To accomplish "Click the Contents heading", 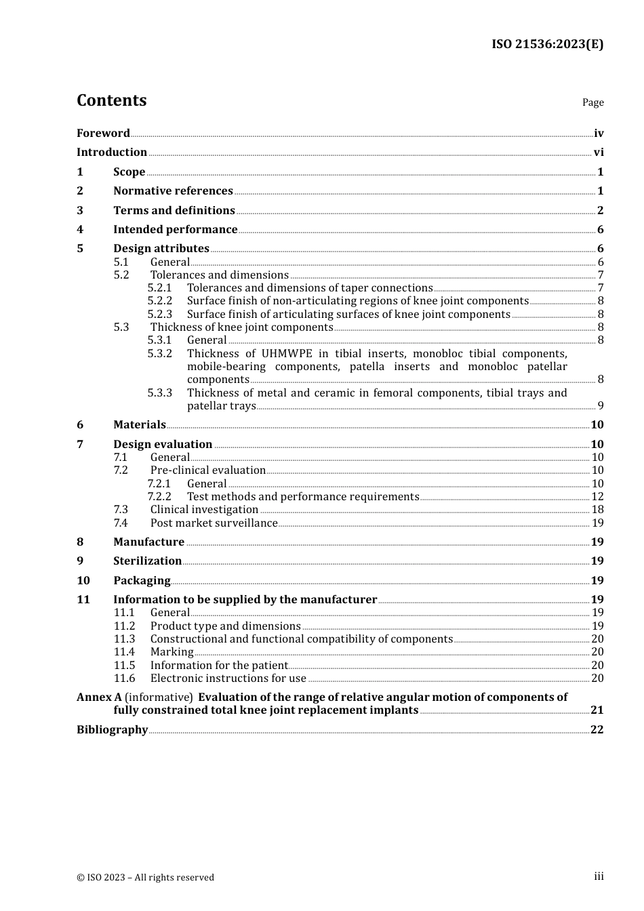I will pos(111,100).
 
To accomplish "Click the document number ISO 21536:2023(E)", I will pos(547,45).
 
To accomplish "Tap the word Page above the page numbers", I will pos(592,102).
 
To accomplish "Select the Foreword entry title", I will pos(103,134).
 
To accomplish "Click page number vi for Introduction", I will pos(599,153).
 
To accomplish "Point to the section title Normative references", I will pos(173,191).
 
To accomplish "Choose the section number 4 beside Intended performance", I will pos(80,230).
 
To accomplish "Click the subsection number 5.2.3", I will pos(160,315).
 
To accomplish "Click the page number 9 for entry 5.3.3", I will pos(600,406).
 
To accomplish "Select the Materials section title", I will pos(139,425).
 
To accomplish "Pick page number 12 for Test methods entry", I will pos(597,497).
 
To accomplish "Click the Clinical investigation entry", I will pos(204,510).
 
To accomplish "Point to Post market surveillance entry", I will pos(214,523).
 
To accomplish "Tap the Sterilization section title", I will pos(147,561).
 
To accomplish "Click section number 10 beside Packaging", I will pos(83,581).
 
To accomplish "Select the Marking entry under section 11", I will pos(172,652).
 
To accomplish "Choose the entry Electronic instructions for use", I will pos(228,679).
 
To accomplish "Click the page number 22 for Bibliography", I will pos(597,730).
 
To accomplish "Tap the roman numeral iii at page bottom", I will pos(599,876).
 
